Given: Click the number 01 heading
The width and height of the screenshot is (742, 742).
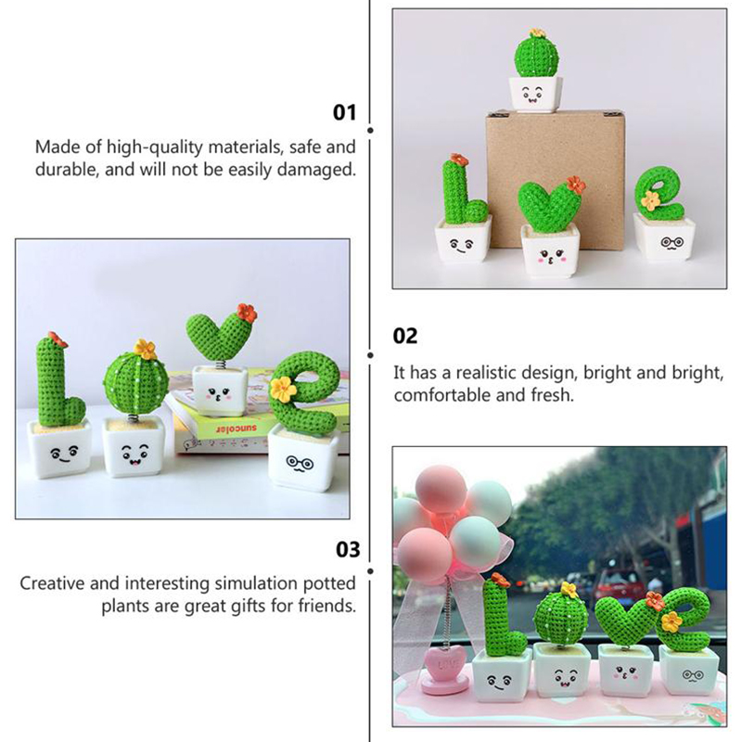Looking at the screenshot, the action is (344, 112).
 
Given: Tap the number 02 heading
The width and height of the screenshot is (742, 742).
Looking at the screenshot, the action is (405, 336).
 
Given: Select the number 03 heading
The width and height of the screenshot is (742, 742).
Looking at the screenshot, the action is (348, 549).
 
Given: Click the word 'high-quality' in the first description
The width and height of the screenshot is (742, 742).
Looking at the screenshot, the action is (154, 147).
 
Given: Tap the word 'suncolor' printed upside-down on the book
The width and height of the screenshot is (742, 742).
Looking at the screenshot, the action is (237, 429).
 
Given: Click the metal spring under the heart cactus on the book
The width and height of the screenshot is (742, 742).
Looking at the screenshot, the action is (220, 365).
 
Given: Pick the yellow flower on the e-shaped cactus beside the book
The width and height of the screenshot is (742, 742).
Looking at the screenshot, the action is (283, 389).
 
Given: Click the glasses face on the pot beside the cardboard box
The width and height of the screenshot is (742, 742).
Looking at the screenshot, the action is (672, 244).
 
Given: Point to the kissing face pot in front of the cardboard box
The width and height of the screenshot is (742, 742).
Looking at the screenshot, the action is (550, 250).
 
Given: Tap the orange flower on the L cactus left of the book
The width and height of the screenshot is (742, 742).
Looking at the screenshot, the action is (58, 339).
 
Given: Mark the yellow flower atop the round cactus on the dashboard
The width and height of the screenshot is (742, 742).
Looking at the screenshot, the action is (569, 590).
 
